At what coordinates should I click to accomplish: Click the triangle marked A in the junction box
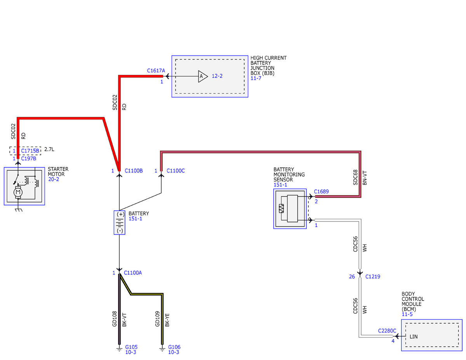[x=202, y=76]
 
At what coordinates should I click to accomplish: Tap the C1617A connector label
[x=156, y=71]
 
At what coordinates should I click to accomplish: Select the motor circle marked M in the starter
[x=18, y=192]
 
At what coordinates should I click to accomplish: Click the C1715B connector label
[x=30, y=151]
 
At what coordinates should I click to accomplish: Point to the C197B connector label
[x=28, y=158]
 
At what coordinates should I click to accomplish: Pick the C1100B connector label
[x=134, y=170]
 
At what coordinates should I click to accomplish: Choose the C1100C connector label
[x=176, y=170]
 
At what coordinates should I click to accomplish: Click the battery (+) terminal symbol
[x=120, y=214]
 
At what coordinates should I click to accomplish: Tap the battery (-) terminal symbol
[x=120, y=231]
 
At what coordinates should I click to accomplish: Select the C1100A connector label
[x=133, y=273]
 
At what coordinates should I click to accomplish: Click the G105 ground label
[x=131, y=347]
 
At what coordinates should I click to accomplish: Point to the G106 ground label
[x=174, y=347]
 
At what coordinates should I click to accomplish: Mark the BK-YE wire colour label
[x=167, y=320]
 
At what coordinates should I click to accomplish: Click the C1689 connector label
[x=321, y=191]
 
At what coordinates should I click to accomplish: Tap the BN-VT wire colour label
[x=365, y=178]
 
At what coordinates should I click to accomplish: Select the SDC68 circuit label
[x=355, y=177]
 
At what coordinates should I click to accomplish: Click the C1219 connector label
[x=373, y=277]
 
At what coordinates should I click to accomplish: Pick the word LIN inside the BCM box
[x=414, y=337]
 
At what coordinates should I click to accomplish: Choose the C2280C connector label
[x=387, y=331]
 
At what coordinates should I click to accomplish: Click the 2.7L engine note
[x=49, y=149]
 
